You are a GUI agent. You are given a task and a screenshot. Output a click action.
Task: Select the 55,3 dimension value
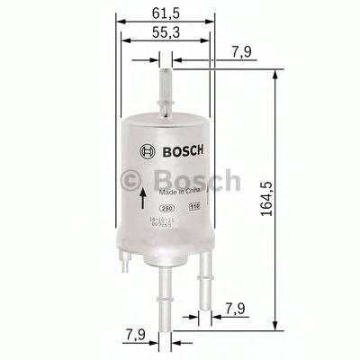coord(163,33)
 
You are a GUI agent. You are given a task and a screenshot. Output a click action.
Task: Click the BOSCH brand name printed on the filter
coord(175,150)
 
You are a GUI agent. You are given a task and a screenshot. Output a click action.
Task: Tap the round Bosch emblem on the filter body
coord(146,150)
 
